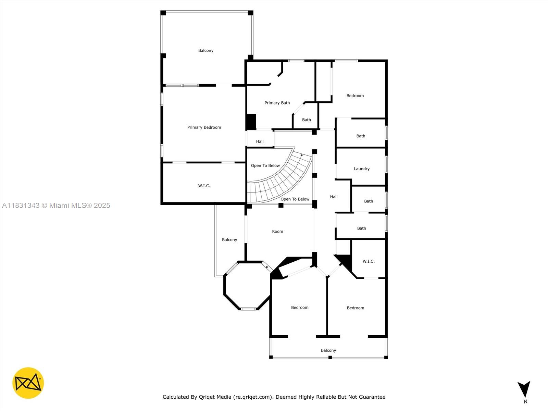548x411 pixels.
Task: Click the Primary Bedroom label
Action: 204,127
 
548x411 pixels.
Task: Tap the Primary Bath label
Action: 277,103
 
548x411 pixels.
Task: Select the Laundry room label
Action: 361,169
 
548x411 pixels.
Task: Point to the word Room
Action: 277,232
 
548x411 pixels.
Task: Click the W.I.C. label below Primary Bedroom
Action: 204,186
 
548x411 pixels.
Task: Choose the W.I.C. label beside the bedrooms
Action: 369,261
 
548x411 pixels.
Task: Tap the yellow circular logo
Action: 28,383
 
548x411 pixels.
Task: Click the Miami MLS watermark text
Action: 56,206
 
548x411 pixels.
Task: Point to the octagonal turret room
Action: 247,286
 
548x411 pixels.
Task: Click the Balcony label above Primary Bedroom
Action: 206,50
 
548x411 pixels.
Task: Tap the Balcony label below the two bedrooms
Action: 328,350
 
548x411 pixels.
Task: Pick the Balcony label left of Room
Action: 229,239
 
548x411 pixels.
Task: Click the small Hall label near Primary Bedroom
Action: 260,141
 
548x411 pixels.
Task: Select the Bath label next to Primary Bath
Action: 306,120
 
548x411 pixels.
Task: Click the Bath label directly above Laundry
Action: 361,136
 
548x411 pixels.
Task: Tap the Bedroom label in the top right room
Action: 355,96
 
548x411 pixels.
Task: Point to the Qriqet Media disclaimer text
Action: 274,397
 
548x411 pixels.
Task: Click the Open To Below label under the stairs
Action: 295,199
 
